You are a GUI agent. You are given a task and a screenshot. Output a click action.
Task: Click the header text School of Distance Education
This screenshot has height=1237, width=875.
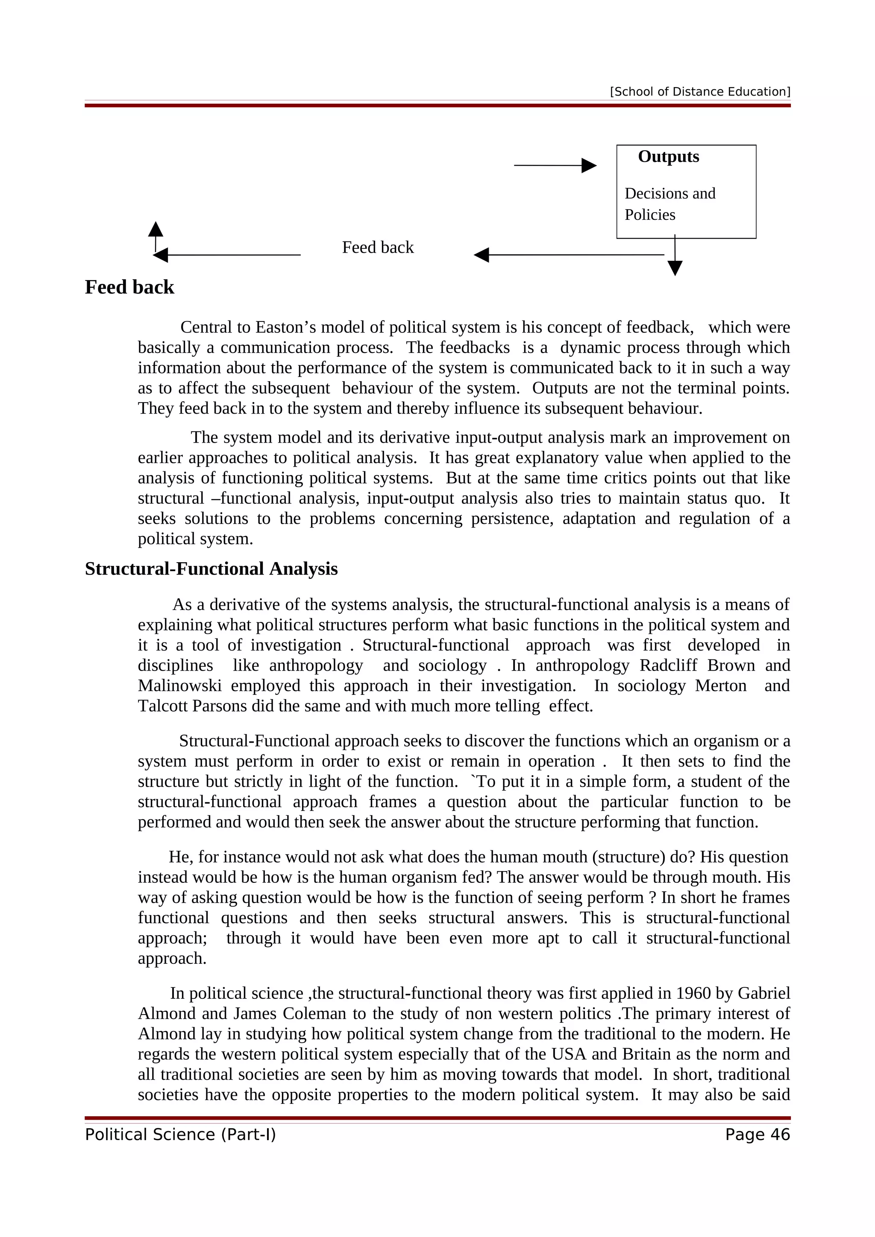coord(700,92)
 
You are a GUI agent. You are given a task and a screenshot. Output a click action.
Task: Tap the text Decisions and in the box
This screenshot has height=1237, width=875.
coord(669,193)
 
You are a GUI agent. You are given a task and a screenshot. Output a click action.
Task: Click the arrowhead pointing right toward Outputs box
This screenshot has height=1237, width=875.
coord(589,165)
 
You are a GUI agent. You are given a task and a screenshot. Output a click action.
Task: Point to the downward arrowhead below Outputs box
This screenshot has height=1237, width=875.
coord(675,268)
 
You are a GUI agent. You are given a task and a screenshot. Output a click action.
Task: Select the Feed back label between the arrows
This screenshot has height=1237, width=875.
coord(377,247)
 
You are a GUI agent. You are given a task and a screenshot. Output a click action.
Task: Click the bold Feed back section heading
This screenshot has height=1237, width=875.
coord(129,287)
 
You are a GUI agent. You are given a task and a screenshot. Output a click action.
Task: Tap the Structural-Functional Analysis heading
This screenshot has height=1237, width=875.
coord(211,569)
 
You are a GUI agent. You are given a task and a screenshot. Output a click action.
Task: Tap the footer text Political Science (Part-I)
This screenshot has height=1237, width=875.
coord(180,1135)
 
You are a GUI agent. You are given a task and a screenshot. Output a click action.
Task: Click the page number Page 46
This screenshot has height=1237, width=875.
coord(757,1135)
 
